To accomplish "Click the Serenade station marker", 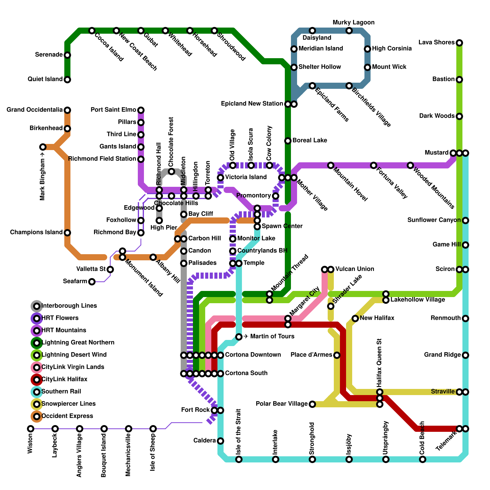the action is click(67, 55).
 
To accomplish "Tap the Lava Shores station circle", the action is click(459, 43).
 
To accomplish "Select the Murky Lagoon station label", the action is click(353, 23).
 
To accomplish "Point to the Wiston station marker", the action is click(30, 429).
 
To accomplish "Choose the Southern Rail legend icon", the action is click(37, 392).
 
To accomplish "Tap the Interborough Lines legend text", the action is click(69, 306).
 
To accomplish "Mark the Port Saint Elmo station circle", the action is click(141, 110).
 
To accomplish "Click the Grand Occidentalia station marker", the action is click(67, 110).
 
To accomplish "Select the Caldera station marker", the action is click(221, 441).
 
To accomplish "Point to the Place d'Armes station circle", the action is click(337, 355).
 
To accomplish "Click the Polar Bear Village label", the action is click(281, 404).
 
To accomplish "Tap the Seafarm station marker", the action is click(92, 282).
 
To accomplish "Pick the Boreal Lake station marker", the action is click(288, 141).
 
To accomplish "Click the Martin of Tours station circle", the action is click(239, 337).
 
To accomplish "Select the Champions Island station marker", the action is click(67, 233).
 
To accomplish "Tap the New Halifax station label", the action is click(377, 318).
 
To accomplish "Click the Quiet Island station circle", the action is click(67, 80).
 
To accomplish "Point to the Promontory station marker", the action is click(276, 196).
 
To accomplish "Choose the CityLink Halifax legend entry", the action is click(64, 379).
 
